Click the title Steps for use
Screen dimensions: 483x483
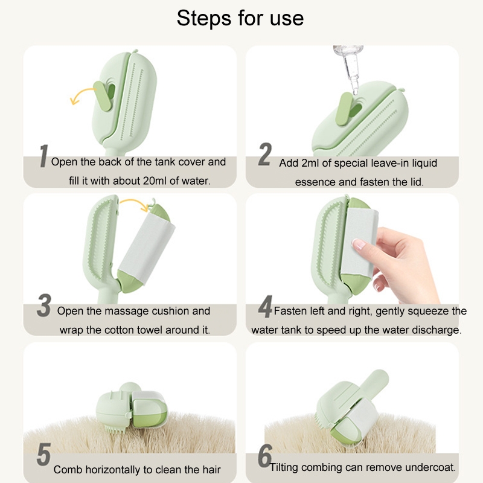(240, 18)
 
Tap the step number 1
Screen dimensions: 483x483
(43, 156)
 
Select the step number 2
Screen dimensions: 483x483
(264, 154)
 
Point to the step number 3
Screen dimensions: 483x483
(44, 305)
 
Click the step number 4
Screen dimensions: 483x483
(265, 307)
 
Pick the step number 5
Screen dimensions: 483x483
(43, 455)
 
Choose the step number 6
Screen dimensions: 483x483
(264, 456)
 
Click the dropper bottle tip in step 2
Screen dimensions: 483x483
(355, 91)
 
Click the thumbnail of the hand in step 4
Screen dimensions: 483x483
(358, 245)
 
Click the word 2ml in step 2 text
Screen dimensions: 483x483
(310, 163)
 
